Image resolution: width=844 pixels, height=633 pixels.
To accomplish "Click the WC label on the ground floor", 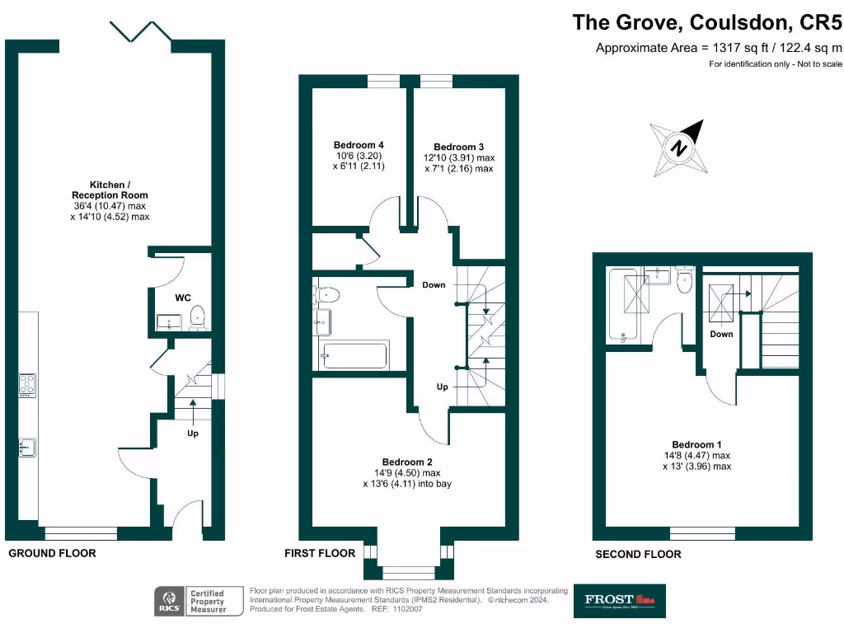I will [x=183, y=298].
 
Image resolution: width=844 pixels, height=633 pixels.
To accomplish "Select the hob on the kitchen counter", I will [x=27, y=385].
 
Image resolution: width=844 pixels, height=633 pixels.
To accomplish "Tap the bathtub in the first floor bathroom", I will [x=355, y=356].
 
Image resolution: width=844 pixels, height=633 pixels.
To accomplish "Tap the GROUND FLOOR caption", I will [x=52, y=553].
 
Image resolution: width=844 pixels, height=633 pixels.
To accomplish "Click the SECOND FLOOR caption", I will [x=638, y=554].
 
